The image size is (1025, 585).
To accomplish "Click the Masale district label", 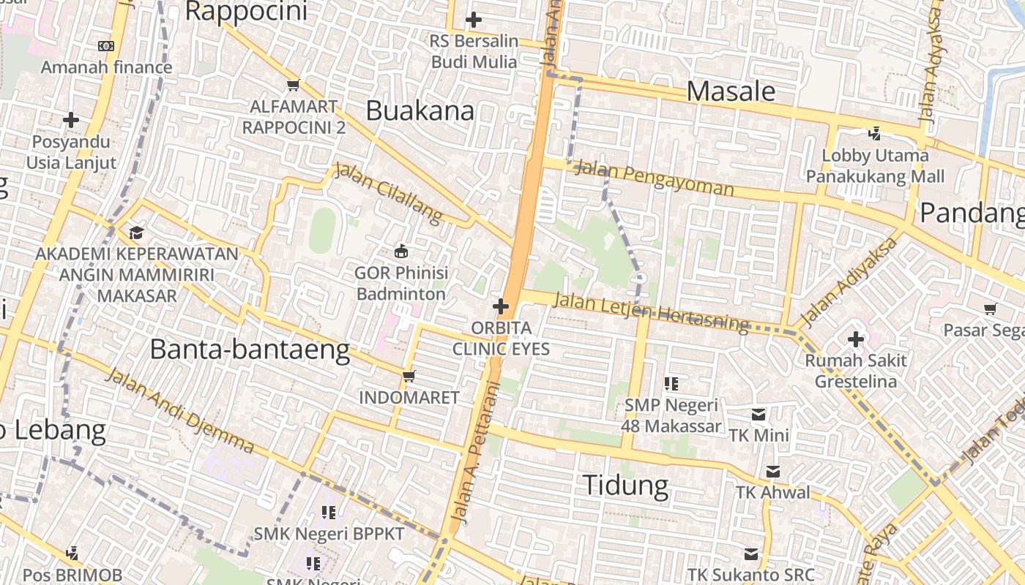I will (731, 91).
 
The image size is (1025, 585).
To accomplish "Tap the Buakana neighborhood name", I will (420, 111).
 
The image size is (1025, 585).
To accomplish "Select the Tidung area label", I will (625, 486).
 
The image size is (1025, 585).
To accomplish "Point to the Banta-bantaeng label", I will (250, 350).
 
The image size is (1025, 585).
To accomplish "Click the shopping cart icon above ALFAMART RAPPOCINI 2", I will (294, 86).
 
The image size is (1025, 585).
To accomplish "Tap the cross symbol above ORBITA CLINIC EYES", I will (501, 306).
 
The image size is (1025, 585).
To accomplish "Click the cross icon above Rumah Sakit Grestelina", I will (855, 339).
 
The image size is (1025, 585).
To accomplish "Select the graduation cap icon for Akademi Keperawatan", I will (136, 233).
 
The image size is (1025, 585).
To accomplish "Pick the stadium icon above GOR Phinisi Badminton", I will (400, 252).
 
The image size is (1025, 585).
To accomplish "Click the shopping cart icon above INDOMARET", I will (409, 376).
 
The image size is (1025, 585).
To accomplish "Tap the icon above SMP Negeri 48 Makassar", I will (671, 383).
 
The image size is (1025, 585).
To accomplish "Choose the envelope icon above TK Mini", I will (758, 415).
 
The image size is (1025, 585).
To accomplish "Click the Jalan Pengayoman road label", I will (654, 178).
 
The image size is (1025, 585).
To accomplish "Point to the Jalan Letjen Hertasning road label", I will (651, 312).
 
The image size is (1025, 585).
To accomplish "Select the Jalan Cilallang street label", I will (389, 193).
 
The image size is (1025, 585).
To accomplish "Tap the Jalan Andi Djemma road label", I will (179, 410).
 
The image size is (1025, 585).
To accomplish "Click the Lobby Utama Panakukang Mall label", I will (875, 165).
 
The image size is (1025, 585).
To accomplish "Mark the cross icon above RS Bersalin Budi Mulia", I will (474, 20).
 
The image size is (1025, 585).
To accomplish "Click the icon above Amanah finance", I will (106, 46).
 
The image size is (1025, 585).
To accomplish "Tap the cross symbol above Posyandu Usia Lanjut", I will (71, 119).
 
